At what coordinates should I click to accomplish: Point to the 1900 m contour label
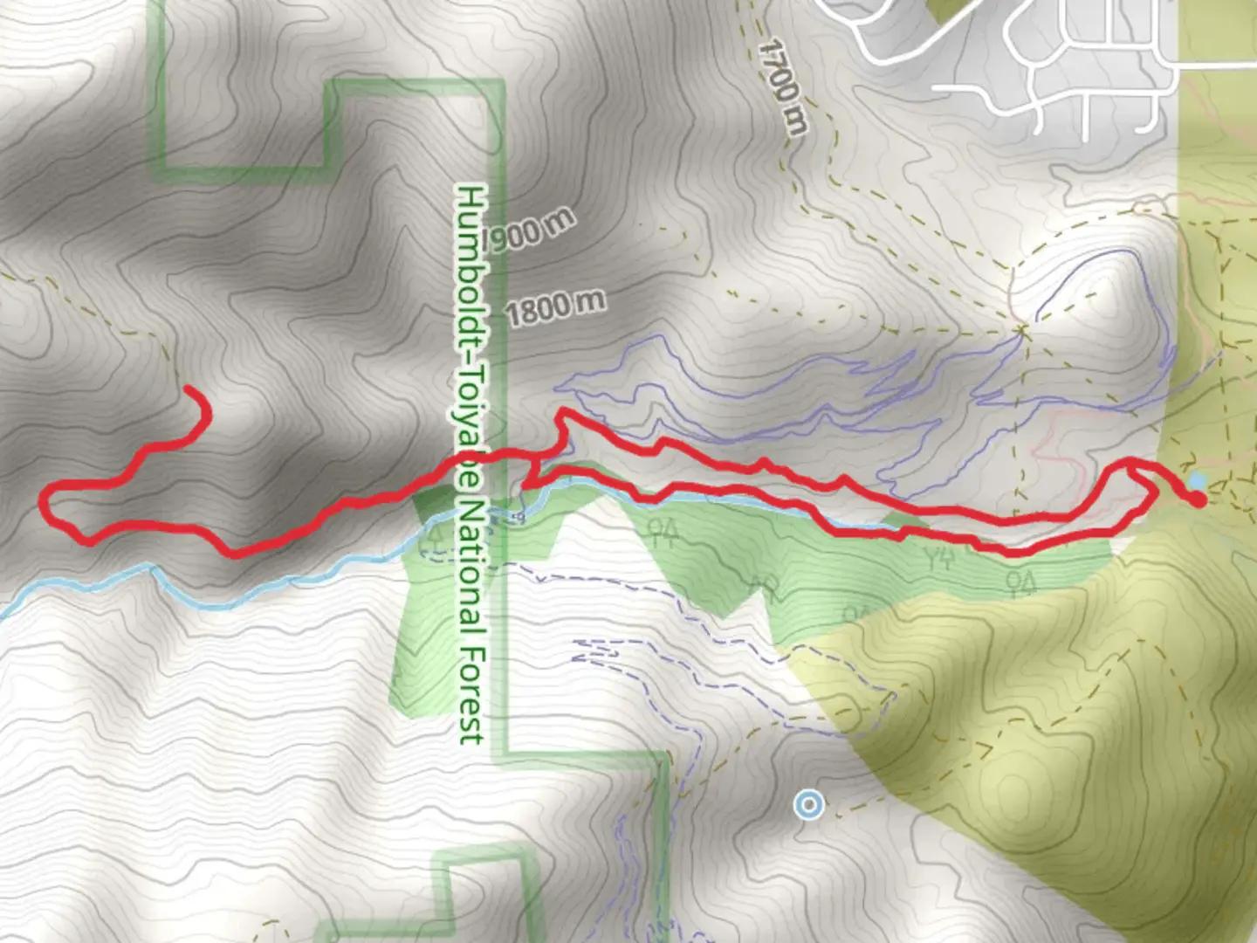tap(529, 231)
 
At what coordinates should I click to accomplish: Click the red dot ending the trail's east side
tap(1199, 499)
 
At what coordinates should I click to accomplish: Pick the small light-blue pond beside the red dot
tap(1198, 481)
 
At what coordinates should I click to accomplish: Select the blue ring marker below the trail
tap(810, 804)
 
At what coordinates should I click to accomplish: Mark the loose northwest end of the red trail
tap(188, 389)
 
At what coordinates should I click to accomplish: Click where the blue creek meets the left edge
tap(3, 612)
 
